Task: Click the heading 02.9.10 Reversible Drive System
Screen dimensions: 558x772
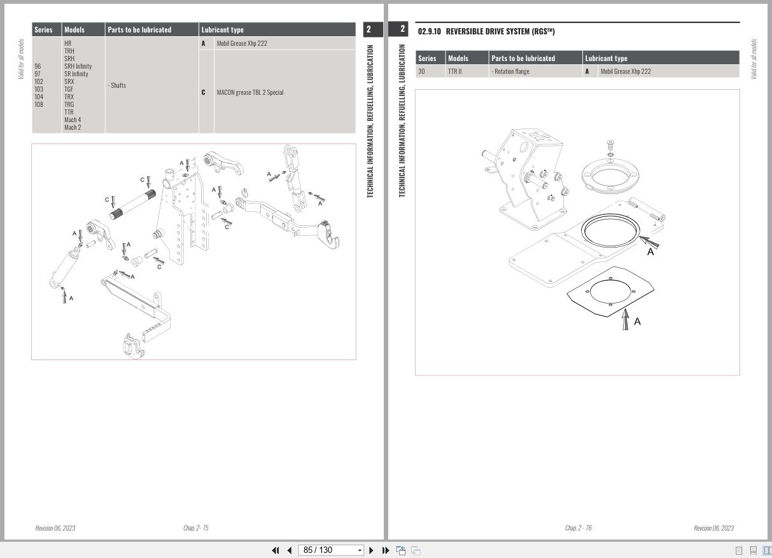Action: (486, 32)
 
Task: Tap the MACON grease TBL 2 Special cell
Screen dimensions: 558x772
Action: (249, 92)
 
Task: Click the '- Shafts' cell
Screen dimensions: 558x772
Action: (117, 85)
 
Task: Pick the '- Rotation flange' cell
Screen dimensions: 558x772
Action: (510, 71)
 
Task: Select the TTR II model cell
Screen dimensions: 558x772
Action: (454, 71)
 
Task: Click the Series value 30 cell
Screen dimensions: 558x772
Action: (421, 71)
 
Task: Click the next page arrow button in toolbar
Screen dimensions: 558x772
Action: (372, 550)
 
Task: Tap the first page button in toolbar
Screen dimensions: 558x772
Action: (276, 550)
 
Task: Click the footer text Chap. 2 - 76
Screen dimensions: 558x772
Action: (578, 528)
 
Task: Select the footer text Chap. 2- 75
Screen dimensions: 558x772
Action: (195, 528)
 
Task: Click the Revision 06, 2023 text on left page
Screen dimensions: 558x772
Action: (55, 528)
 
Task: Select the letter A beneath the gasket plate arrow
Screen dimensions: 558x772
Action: (637, 321)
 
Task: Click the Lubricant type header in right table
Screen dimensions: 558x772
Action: (606, 59)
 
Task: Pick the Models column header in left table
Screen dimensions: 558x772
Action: (74, 30)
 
